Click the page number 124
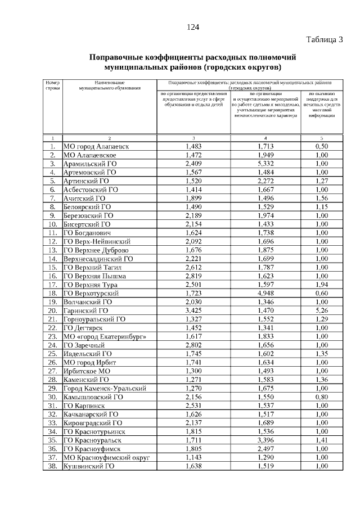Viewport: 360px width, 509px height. coord(193,27)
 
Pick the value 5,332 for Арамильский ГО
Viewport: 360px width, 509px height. coord(265,164)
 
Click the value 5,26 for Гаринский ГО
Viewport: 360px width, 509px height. coord(322,310)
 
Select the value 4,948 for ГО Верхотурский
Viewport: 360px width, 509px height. coord(265,293)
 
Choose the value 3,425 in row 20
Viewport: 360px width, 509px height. coord(193,310)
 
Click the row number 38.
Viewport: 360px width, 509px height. coord(52,466)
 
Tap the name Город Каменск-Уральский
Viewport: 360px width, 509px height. coord(105,388)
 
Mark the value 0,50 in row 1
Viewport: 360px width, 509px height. coord(322,146)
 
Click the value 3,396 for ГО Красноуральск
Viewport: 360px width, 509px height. coord(265,440)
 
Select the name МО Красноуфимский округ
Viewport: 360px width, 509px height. coord(106,457)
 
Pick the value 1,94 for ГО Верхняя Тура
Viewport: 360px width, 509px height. coord(322,285)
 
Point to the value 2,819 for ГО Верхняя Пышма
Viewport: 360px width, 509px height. coord(193,276)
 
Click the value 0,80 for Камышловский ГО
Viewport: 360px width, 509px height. coord(322,397)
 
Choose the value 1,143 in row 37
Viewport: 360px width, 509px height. coord(193,457)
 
